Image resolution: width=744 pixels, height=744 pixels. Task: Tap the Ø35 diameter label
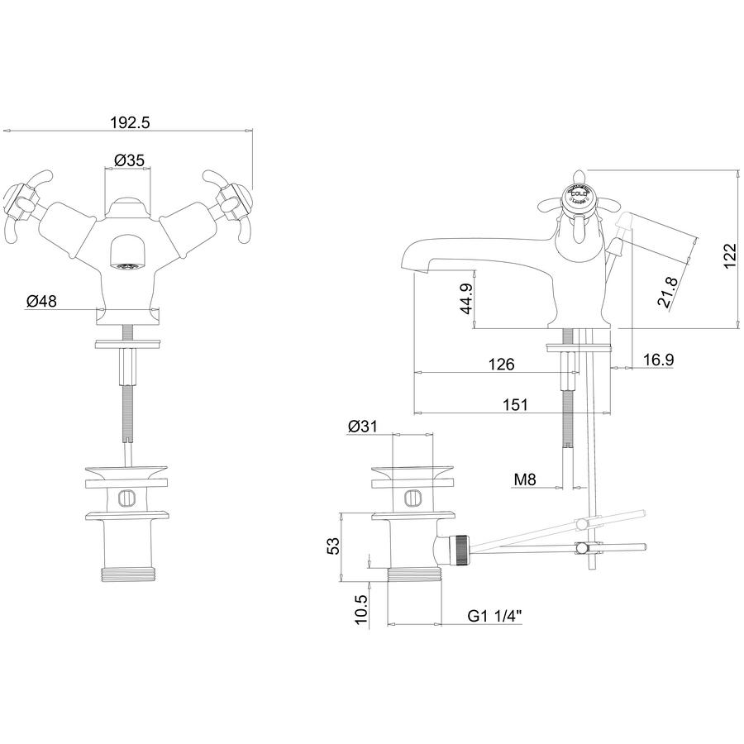130,159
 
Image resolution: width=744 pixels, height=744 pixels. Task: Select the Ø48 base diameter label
41,303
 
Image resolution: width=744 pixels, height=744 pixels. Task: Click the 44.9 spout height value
466,298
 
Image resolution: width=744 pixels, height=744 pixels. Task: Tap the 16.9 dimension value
656,360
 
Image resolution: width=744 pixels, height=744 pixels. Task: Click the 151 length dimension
514,404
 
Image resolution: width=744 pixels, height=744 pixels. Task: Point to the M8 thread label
526,479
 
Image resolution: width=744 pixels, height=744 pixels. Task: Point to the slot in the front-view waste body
126,498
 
